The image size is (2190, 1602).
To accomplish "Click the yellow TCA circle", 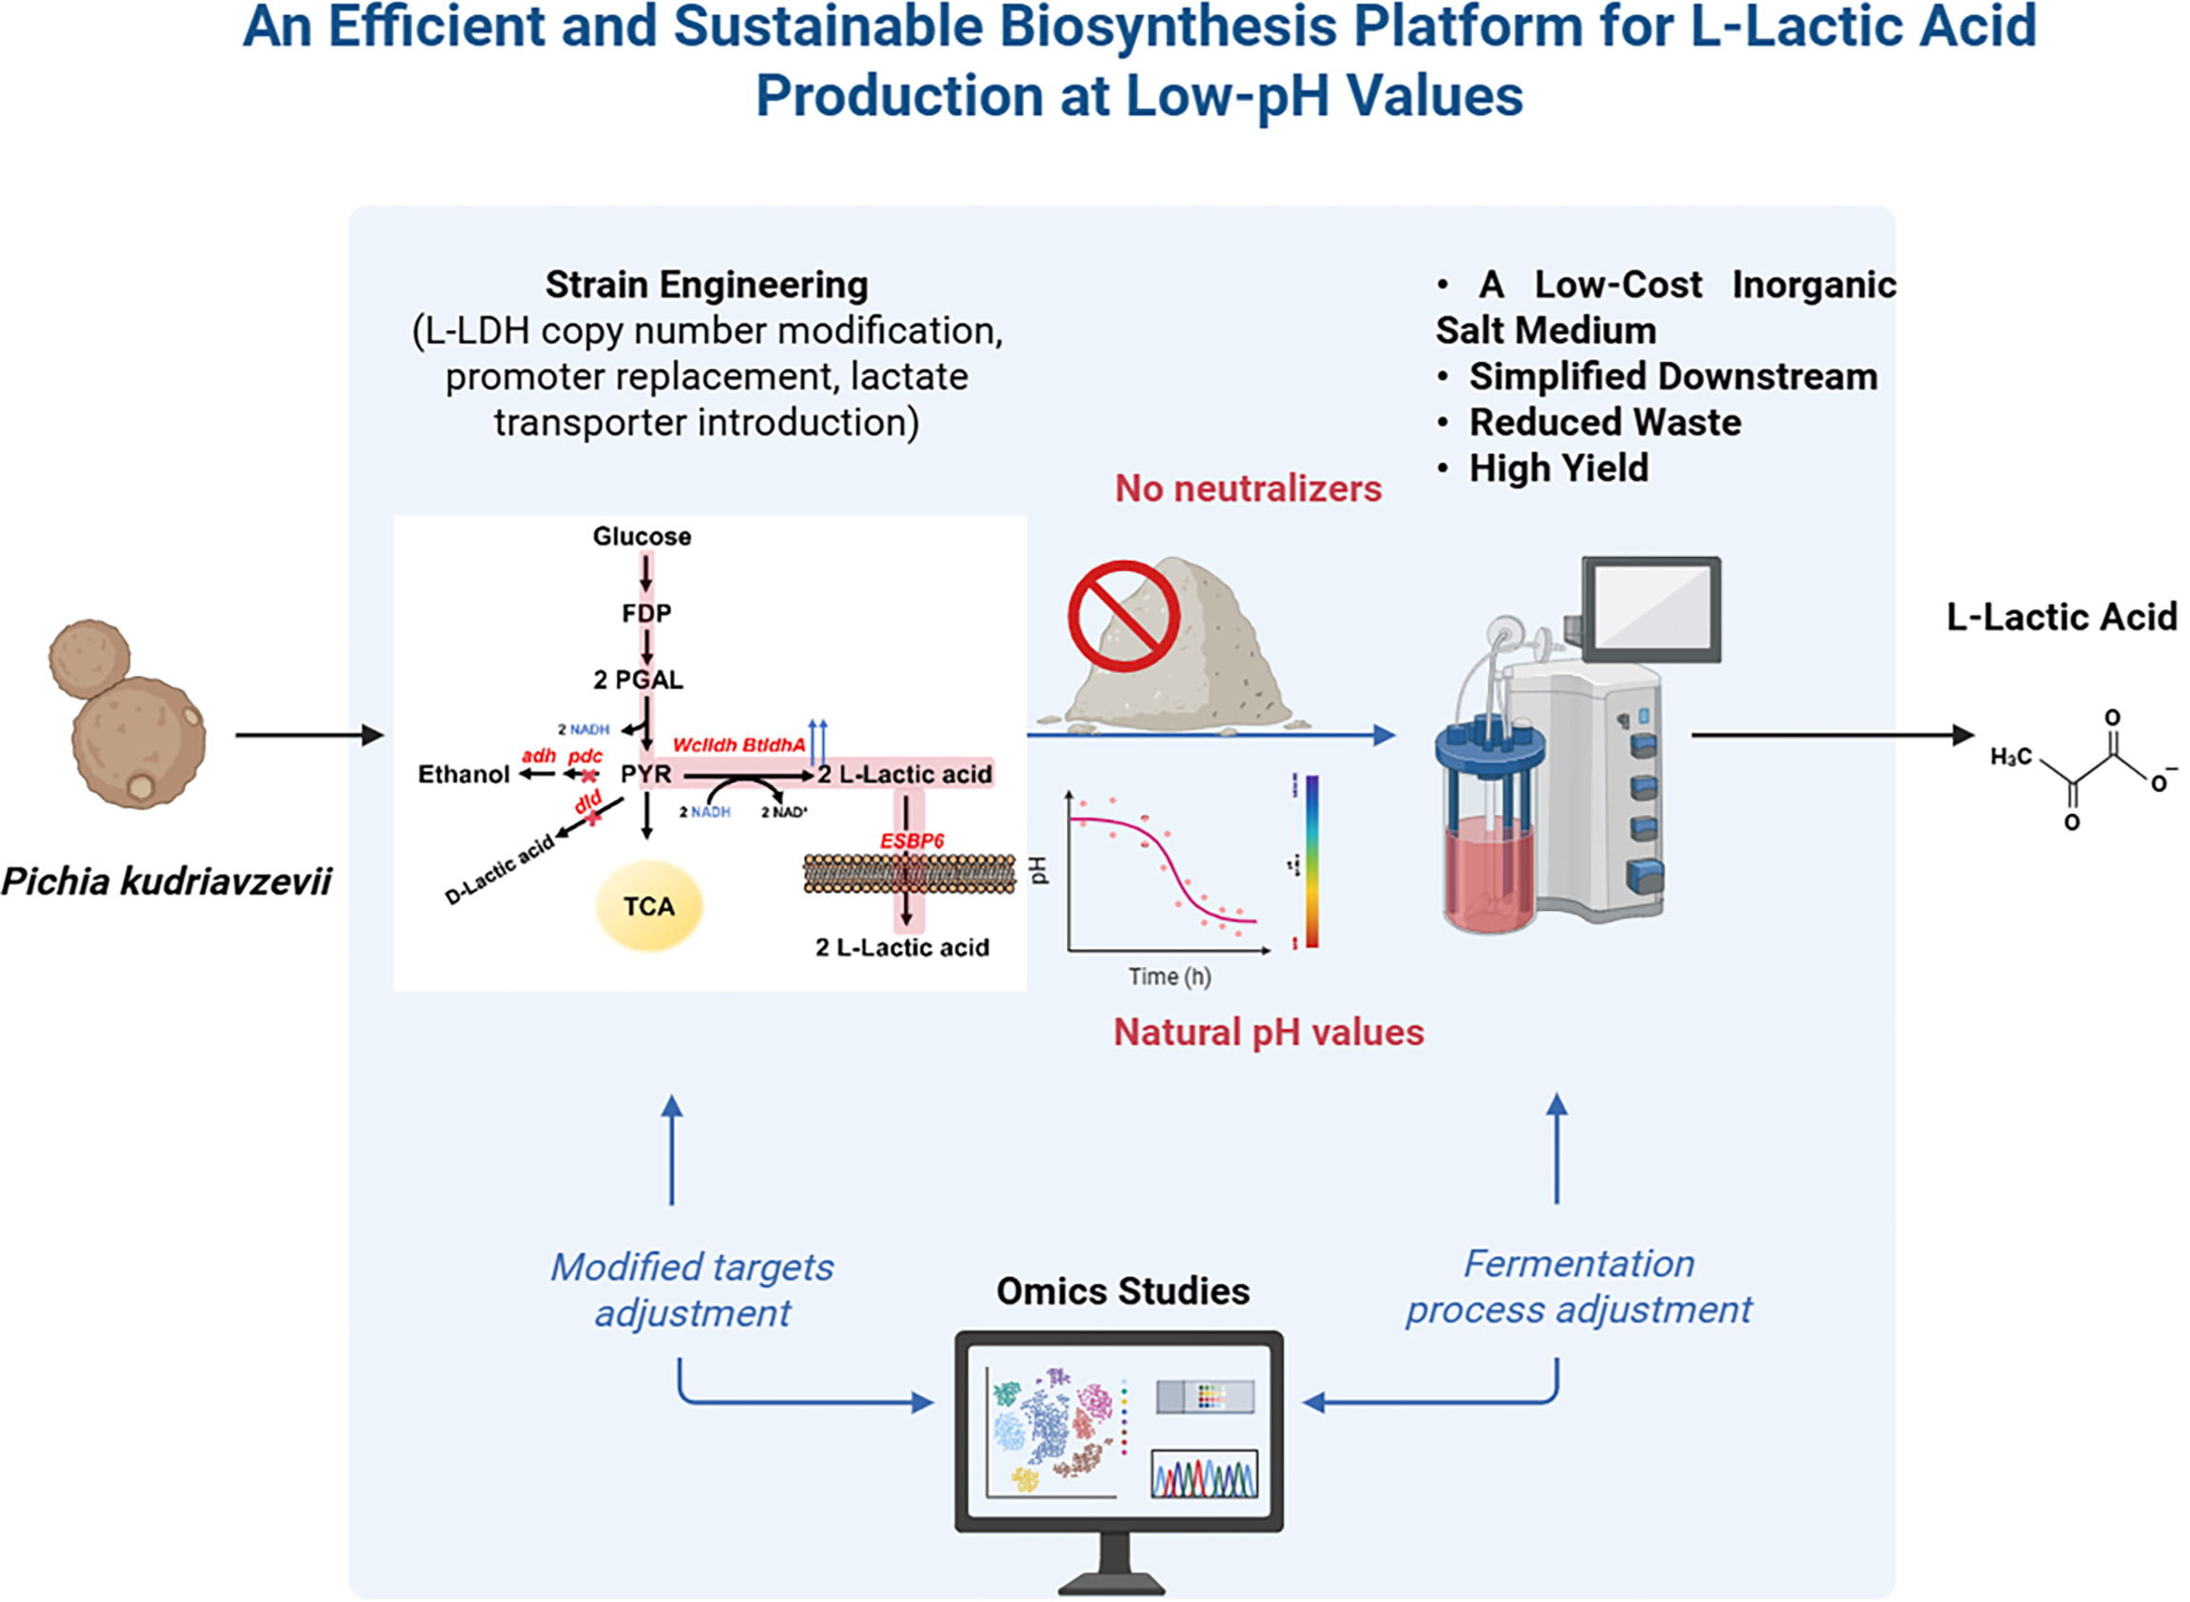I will pos(648,906).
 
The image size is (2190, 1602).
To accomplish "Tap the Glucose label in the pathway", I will pos(641,536).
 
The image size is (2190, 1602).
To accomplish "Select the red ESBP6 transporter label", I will pos(911,841).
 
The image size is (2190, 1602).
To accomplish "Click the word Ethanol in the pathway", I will pos(464,774).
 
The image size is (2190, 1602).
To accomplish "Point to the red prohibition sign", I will pos(1124,617).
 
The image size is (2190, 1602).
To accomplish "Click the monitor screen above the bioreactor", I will pos(1651,609).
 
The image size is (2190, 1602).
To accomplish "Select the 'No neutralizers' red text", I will pos(1248,487).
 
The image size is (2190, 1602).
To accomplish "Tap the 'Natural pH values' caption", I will pos(1268,1032).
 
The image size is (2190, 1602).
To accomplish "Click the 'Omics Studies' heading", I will pos(1123,1291).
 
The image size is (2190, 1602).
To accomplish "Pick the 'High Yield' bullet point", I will pos(1558,468).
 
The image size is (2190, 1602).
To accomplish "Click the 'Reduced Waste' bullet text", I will pos(1605,422).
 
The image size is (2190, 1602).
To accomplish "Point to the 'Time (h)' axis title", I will pos(1169,977).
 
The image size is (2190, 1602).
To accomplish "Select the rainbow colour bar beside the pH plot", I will pos(1312,860).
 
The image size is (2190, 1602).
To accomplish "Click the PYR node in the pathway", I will pos(645,774).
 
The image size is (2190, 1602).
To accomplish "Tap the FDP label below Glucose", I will pos(646,613).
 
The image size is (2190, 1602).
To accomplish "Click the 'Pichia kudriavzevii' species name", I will pos(167,880).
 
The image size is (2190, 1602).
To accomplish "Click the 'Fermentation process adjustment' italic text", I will pos(1578,1286).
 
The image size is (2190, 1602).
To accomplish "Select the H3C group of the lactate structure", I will pos(2010,758).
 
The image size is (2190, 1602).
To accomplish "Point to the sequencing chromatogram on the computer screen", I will pos(1204,1474).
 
